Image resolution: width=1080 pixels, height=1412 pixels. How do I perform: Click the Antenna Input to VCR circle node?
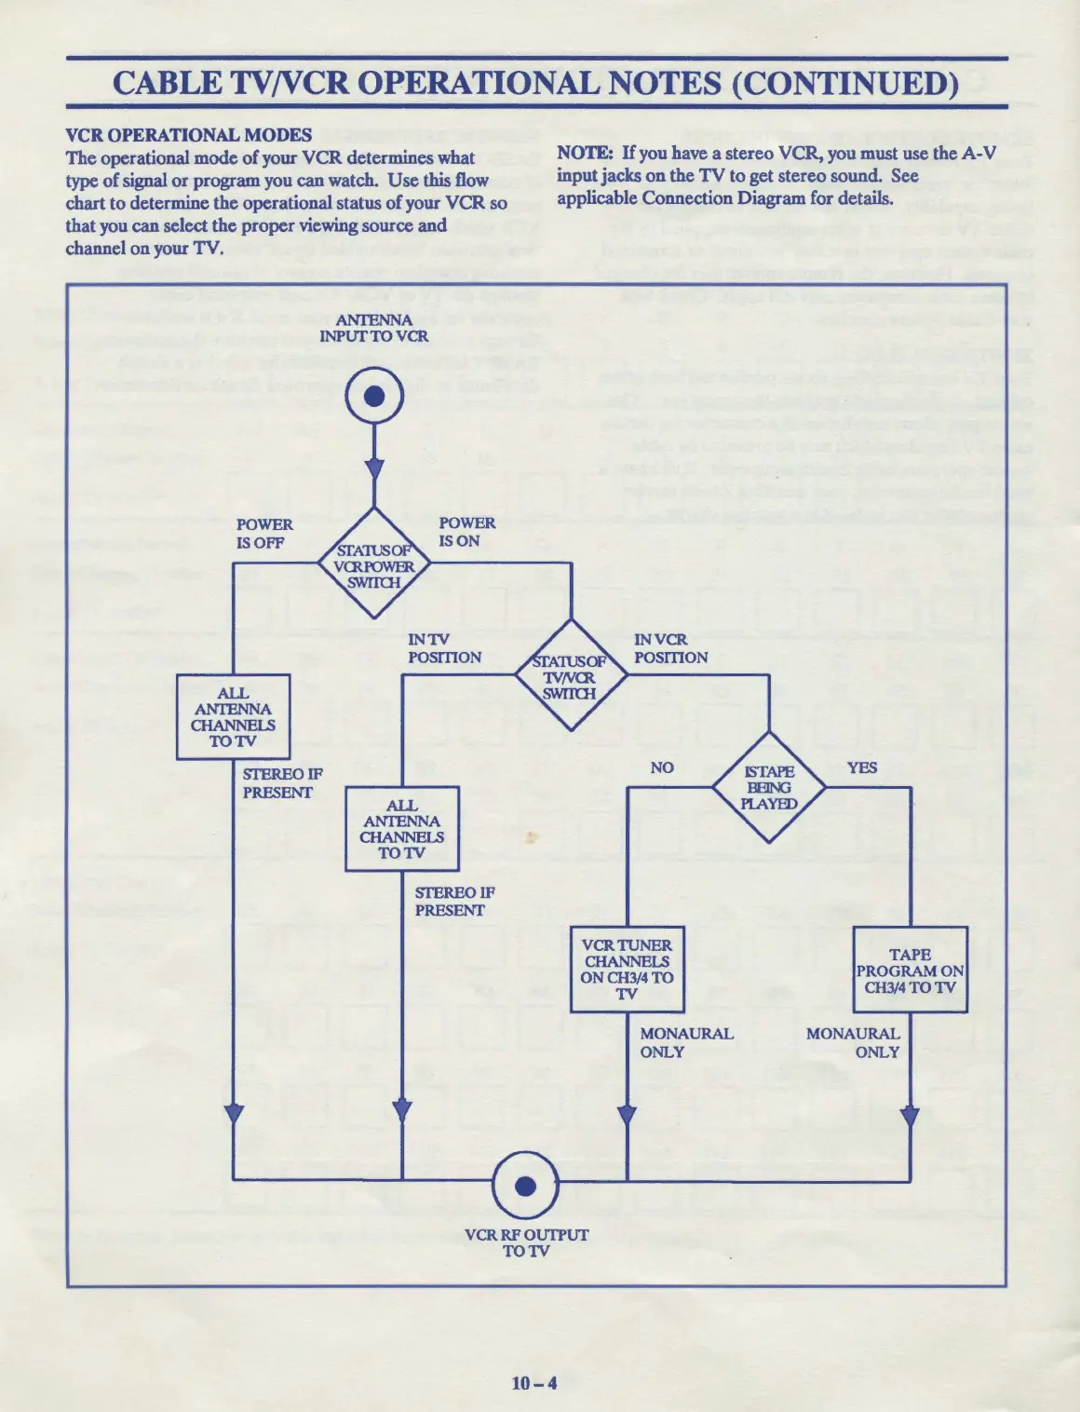(374, 397)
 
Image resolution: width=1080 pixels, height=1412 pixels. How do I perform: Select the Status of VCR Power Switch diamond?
(374, 564)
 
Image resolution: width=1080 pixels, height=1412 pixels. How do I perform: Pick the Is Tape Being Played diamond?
(769, 787)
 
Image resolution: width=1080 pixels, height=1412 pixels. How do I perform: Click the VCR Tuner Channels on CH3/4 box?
(627, 970)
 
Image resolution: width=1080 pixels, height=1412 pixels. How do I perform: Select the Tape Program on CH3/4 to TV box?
(910, 970)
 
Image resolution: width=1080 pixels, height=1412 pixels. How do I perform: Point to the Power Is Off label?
(263, 534)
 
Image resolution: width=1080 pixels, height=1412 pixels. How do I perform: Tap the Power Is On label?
(466, 532)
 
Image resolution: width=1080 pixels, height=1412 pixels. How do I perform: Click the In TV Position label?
(444, 648)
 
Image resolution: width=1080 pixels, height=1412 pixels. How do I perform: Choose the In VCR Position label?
(670, 648)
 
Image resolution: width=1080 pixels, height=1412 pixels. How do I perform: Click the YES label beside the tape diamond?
(862, 767)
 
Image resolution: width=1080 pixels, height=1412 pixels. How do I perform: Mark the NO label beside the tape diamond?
(662, 767)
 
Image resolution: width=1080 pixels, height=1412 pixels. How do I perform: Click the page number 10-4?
(534, 1383)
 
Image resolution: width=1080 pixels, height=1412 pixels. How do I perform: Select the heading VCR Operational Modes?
(189, 135)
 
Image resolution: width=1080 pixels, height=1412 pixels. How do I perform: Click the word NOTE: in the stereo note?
(585, 153)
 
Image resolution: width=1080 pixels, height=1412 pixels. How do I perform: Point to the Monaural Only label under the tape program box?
(853, 1042)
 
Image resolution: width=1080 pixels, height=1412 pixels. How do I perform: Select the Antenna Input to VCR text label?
(374, 328)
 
